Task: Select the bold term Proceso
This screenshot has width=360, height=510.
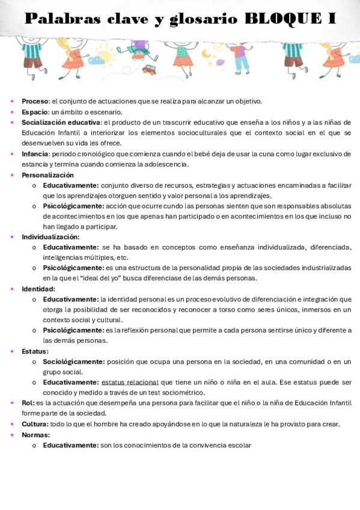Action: point(35,101)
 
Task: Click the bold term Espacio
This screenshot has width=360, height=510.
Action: point(34,112)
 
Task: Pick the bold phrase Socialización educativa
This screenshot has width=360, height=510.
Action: point(61,122)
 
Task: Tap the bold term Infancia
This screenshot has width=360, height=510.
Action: point(35,153)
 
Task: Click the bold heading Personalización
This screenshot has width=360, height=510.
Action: point(47,175)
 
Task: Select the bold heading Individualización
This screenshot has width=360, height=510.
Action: point(50,237)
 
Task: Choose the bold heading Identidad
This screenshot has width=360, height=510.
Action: point(38,289)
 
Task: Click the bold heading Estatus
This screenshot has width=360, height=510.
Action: point(35,351)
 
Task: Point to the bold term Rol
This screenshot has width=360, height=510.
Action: point(28,403)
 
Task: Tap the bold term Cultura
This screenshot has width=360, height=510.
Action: point(35,424)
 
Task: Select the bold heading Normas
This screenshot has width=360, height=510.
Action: point(35,434)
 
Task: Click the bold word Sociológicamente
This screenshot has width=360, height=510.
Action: point(73,361)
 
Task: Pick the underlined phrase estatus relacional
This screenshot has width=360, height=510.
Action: point(130,382)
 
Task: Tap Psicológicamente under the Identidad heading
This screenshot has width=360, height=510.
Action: point(73,330)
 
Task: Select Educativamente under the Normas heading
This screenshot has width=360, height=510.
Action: point(70,445)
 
